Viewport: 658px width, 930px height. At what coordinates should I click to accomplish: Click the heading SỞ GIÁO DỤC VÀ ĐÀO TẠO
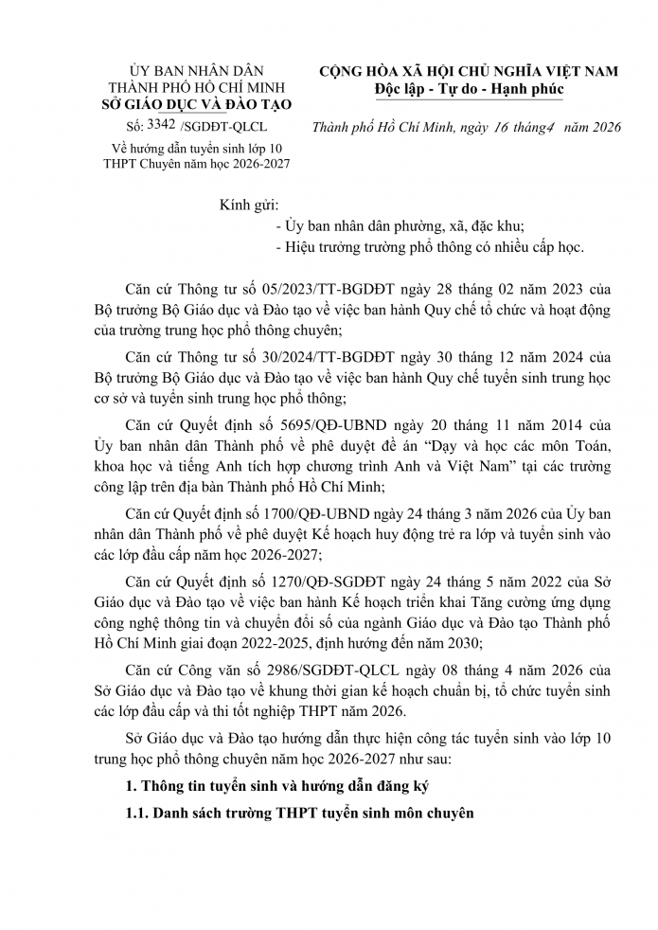pyautogui.click(x=198, y=104)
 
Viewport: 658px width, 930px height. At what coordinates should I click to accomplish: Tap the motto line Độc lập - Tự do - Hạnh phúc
pyautogui.click(x=468, y=89)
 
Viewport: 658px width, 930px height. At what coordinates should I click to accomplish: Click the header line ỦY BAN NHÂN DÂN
pyautogui.click(x=198, y=71)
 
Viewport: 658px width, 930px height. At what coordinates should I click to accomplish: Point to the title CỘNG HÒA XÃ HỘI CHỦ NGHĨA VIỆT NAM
pyautogui.click(x=468, y=71)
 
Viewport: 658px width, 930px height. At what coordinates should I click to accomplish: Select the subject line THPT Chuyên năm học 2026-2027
pyautogui.click(x=197, y=163)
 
